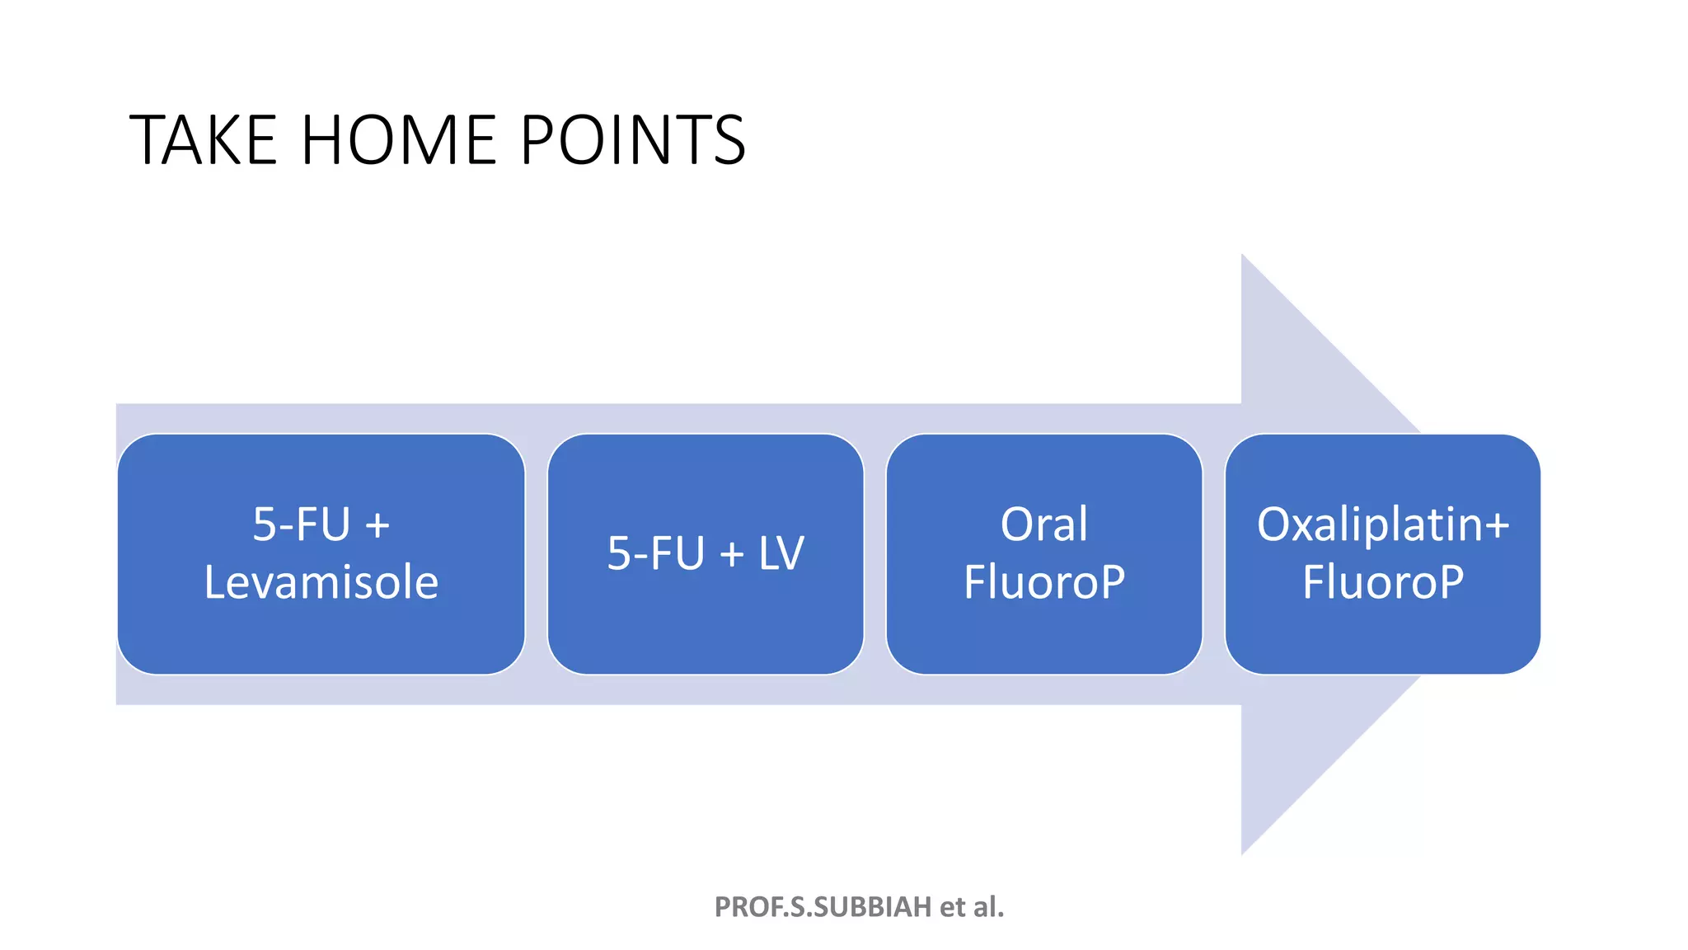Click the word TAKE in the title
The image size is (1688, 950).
(x=203, y=140)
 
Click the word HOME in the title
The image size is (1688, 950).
(x=399, y=140)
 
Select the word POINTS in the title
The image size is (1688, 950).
(x=633, y=140)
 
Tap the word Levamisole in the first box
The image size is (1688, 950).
(x=321, y=582)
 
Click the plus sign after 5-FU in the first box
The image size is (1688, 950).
(x=377, y=525)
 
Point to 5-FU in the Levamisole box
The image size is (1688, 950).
(x=302, y=524)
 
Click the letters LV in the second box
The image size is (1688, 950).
(x=781, y=553)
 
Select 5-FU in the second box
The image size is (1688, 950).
(x=656, y=553)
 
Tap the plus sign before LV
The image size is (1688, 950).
(x=732, y=554)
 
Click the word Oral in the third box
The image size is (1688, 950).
(x=1043, y=524)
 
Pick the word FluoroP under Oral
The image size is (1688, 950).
(x=1043, y=582)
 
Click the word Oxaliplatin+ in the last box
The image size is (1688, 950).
(x=1382, y=524)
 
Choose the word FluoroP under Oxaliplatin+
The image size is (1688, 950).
(x=1382, y=582)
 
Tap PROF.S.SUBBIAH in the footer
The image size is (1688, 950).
(x=823, y=907)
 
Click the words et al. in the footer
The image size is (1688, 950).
(x=972, y=907)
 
